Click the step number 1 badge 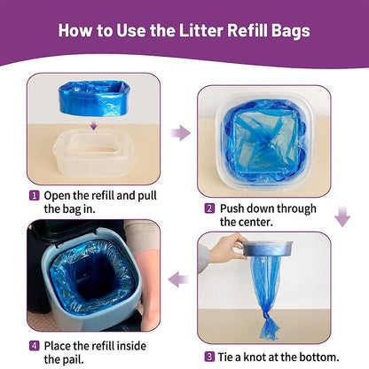[34, 195]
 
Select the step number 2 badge [209, 208]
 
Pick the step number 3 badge [209, 357]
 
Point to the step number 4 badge [34, 346]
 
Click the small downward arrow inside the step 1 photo [94, 125]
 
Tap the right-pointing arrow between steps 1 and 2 [180, 133]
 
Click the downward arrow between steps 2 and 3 [342, 216]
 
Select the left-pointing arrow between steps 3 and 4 [178, 279]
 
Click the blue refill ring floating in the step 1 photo [93, 98]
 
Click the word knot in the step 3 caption [261, 357]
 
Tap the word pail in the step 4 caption [73, 360]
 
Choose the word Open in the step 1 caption [57, 196]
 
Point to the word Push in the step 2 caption [232, 208]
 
